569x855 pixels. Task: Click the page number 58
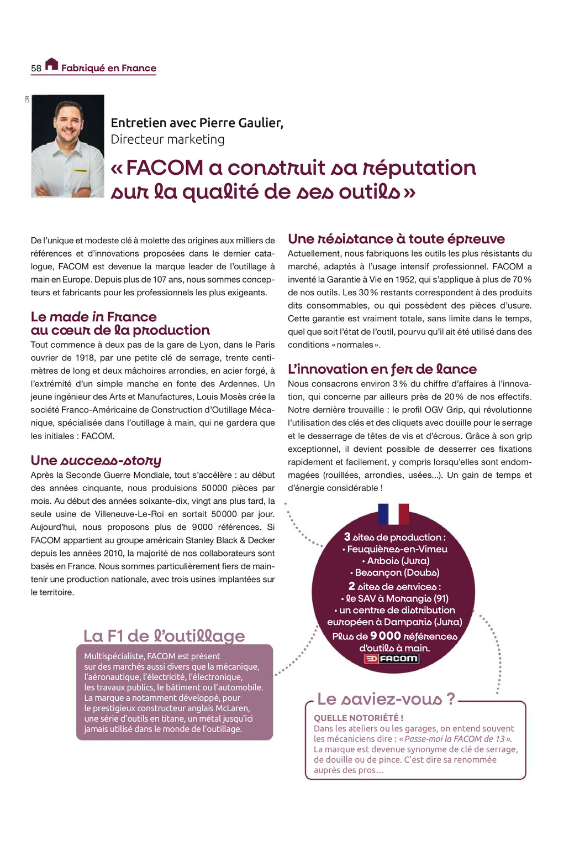(x=36, y=69)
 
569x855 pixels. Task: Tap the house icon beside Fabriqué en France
(x=51, y=64)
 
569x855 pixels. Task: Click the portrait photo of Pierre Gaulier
(x=67, y=146)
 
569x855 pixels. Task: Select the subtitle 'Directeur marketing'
(x=167, y=139)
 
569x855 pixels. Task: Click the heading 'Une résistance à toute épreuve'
(x=396, y=239)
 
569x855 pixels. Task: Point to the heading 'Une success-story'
(x=96, y=461)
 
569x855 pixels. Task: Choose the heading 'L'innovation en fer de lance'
(x=382, y=369)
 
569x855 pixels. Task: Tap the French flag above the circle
(x=393, y=514)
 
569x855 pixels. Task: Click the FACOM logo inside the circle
(x=392, y=659)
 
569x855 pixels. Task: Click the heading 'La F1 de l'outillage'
(x=164, y=636)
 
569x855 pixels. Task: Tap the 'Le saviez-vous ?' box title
(x=386, y=699)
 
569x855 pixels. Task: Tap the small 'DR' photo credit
(x=27, y=99)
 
